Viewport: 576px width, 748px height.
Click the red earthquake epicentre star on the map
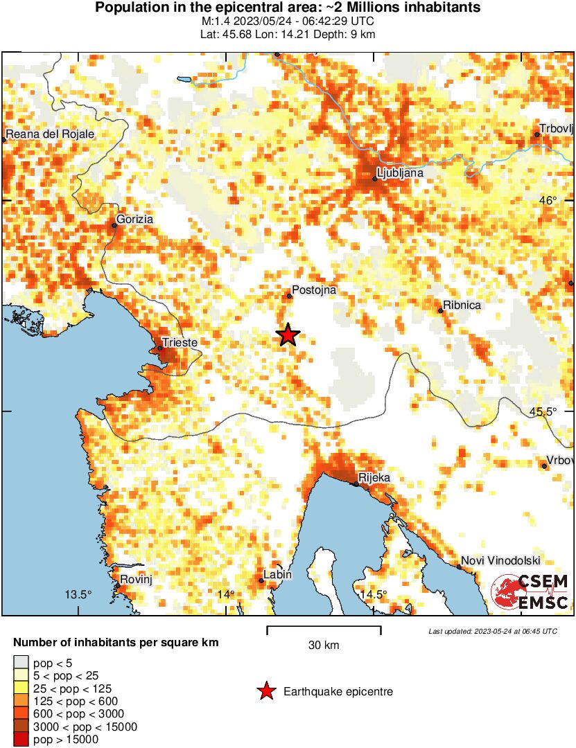[288, 335]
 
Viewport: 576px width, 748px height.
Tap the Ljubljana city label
[399, 172]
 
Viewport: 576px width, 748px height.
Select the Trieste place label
[180, 343]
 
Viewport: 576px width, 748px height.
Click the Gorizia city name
[135, 220]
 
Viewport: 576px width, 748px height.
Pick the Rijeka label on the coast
[374, 478]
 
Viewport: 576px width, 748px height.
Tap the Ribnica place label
[462, 305]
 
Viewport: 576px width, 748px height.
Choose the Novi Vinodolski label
[500, 561]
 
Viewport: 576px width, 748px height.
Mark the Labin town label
[277, 575]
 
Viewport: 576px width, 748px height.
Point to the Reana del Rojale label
[50, 134]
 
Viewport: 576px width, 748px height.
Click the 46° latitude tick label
[548, 201]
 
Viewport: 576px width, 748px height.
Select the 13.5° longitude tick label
[78, 594]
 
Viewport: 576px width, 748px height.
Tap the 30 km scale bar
[324, 630]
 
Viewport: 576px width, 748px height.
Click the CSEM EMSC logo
[530, 592]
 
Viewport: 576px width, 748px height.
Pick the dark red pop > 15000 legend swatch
[21, 739]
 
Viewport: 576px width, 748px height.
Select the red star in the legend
[265, 691]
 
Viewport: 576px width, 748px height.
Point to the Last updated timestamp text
[492, 631]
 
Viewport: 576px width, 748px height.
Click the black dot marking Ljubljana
[375, 179]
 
